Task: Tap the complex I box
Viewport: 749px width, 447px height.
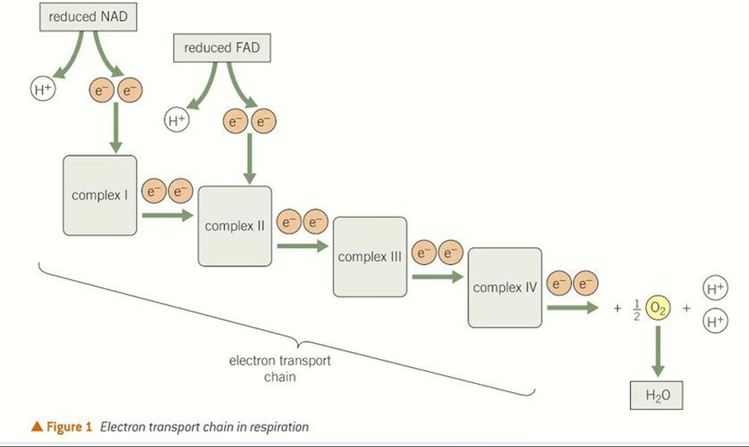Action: coord(99,195)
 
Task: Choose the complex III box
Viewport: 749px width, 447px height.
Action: coord(370,256)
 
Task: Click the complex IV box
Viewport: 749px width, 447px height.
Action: coord(505,287)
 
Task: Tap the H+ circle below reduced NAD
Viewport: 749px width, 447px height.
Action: coord(42,89)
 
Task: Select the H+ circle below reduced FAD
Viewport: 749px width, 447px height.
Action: coord(176,120)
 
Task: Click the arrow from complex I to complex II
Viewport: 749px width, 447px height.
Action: coord(167,215)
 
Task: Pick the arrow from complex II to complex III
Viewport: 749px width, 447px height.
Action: coord(301,246)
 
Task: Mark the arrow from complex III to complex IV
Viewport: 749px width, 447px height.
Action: coord(437,276)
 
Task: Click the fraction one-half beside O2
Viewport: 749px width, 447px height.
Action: coord(635,307)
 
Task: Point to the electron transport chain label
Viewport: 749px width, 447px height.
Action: coord(280,369)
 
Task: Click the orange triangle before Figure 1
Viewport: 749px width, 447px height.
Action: coord(35,426)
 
